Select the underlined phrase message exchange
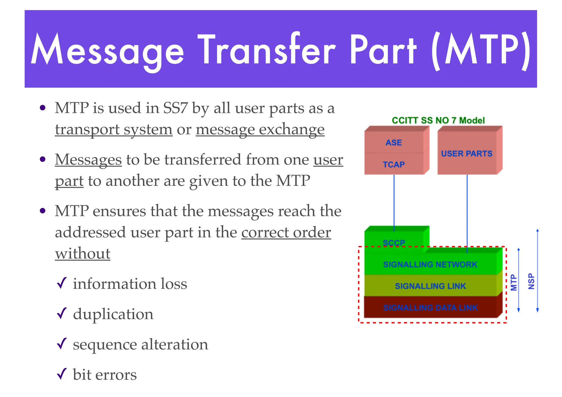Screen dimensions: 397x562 click(x=260, y=129)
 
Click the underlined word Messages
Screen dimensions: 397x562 click(x=88, y=159)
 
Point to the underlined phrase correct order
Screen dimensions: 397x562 click(x=286, y=232)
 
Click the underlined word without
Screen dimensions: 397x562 click(x=83, y=253)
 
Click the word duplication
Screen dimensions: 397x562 click(x=113, y=314)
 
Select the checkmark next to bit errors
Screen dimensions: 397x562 click(x=62, y=374)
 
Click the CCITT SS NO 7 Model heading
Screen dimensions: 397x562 click(x=438, y=120)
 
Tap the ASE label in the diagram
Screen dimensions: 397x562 click(x=394, y=143)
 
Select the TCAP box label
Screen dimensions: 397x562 click(x=394, y=165)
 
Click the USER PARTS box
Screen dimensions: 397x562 click(x=467, y=154)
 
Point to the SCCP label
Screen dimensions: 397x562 click(x=394, y=243)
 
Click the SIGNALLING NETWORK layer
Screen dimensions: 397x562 click(x=430, y=264)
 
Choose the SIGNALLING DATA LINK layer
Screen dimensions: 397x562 click(x=430, y=308)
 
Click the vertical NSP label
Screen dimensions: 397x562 click(x=531, y=281)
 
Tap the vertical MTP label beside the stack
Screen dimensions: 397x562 click(x=513, y=282)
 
